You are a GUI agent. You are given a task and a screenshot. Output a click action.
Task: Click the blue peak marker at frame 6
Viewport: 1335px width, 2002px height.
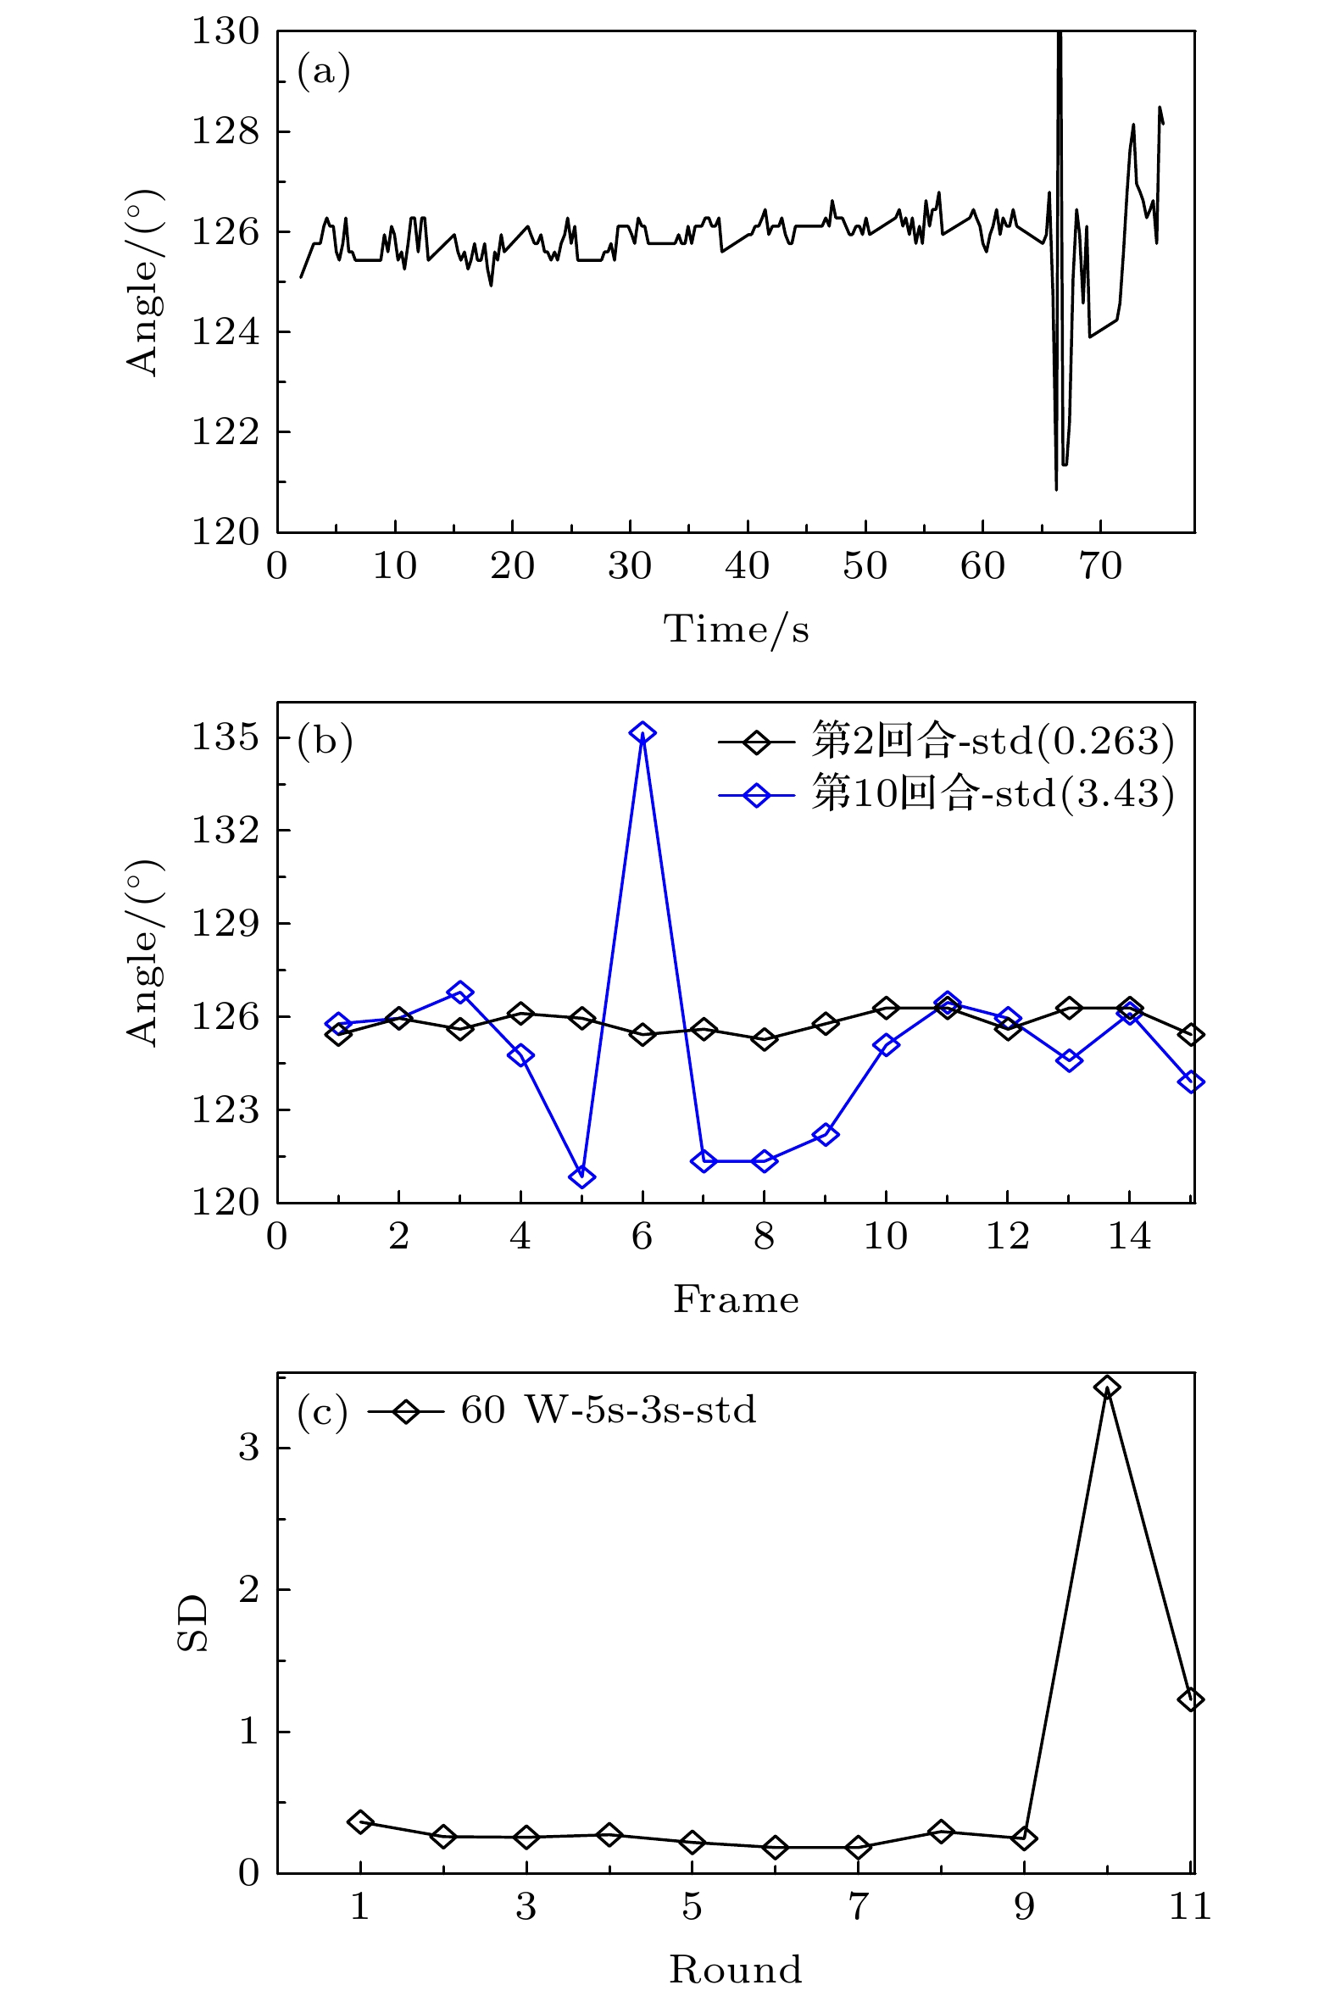(642, 733)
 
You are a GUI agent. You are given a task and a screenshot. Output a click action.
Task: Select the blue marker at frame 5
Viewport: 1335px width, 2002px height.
(581, 1177)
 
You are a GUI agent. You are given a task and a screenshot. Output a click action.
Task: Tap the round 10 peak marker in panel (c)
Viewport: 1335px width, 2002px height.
(1107, 1387)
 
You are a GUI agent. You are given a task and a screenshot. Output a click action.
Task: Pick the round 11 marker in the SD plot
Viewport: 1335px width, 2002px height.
(1190, 1699)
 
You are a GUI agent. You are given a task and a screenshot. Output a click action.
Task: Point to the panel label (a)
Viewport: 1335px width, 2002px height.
(324, 71)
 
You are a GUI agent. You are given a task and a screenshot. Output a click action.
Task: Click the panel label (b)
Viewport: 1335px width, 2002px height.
(325, 742)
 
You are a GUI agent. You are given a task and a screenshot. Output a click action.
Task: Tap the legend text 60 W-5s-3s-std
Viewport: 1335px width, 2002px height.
(608, 1411)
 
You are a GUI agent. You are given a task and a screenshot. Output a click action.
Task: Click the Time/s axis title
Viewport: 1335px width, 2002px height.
(736, 630)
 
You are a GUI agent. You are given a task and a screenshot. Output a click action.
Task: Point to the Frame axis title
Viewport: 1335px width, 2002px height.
(736, 1300)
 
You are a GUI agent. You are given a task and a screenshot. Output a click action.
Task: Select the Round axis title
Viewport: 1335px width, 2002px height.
(736, 1970)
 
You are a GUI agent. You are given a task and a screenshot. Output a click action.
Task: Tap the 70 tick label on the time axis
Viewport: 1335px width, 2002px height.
(1100, 567)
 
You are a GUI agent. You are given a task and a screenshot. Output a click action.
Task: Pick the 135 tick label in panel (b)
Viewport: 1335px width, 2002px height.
(225, 737)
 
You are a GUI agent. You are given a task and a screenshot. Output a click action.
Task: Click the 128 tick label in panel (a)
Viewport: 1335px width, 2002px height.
(225, 132)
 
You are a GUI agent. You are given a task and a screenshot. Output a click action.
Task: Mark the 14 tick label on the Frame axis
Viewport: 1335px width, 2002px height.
(1130, 1237)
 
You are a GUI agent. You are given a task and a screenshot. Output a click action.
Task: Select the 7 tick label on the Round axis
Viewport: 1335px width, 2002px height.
(858, 1907)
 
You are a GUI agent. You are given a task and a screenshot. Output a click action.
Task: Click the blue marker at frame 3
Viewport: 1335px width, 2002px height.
(459, 993)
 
